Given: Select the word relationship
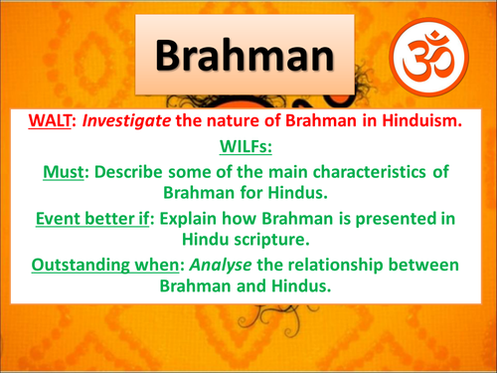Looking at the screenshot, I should [x=366, y=264].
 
